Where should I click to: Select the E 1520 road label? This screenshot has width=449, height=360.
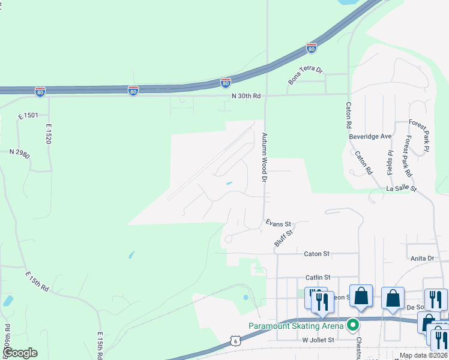point(49,134)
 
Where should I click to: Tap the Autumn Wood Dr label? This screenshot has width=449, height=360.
point(263,157)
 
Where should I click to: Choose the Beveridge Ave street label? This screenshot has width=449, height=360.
point(370,136)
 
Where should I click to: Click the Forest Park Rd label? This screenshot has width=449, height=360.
point(408,156)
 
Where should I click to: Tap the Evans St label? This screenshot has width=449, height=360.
point(279,223)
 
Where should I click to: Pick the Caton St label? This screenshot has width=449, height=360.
point(317,254)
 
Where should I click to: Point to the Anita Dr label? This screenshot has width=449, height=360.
point(423,259)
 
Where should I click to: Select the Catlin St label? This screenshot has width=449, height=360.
point(318,277)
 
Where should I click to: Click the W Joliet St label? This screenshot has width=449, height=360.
point(318,339)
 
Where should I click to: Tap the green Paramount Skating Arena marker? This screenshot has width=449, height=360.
point(354,326)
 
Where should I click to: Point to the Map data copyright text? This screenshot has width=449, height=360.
point(423,355)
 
